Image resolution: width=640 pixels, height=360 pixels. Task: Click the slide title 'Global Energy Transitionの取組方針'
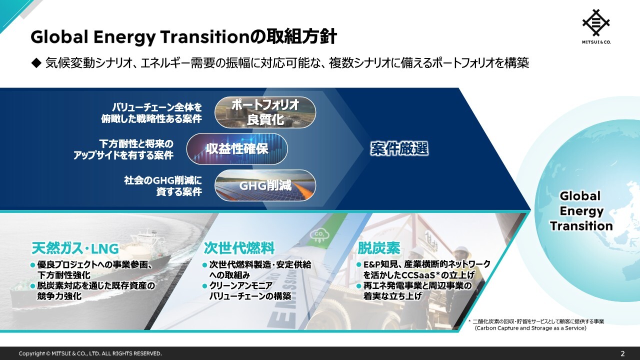coord(183,37)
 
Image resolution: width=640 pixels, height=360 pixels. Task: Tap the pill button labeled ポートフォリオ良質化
coord(265,112)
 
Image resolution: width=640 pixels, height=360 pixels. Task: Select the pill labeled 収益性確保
coord(237,149)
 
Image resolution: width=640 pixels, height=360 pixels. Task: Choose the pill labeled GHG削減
coord(265,185)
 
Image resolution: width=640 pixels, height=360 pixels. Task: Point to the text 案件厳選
coord(399,149)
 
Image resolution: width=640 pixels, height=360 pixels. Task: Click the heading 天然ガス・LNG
coord(75,248)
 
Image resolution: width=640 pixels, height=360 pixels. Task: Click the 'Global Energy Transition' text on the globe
coord(580,210)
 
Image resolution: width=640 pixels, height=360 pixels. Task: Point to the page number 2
coord(622,353)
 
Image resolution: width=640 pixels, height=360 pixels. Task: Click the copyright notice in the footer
coord(90,353)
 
